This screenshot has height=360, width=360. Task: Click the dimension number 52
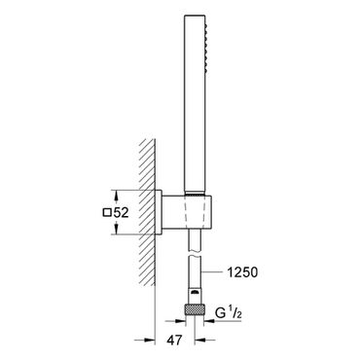click(x=121, y=213)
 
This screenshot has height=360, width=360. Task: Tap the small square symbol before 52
click(x=107, y=213)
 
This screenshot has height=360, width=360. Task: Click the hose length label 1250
click(x=242, y=272)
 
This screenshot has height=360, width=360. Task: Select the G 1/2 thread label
click(x=229, y=313)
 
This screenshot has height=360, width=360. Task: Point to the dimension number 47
click(x=174, y=341)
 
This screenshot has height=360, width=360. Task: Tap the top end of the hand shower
click(x=195, y=15)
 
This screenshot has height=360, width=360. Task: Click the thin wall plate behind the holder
click(x=159, y=212)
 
